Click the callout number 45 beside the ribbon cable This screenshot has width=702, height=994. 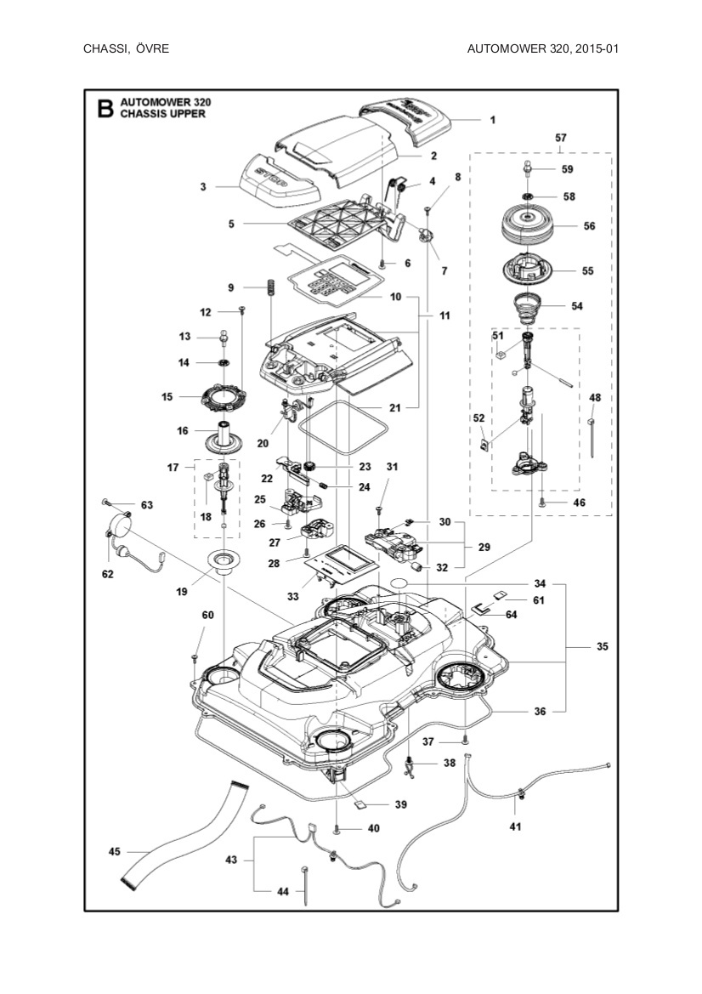coord(114,851)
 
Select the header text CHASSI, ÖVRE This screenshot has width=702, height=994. coord(126,48)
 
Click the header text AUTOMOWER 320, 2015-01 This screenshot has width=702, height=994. coord(542,48)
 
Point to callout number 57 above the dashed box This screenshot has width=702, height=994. coord(561,137)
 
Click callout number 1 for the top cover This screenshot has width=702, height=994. coord(492,120)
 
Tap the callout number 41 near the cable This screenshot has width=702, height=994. coord(515,826)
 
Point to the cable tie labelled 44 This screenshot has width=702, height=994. coord(304,885)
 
